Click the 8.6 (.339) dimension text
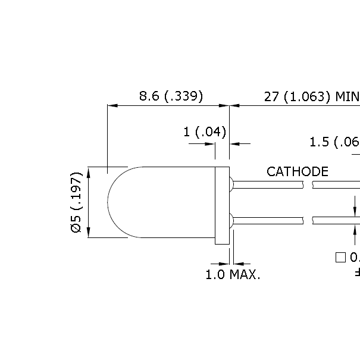(171, 96)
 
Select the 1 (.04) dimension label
(205, 132)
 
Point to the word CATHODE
(297, 172)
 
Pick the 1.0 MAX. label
(233, 275)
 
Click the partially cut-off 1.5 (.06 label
(334, 142)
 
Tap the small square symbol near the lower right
(340, 257)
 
